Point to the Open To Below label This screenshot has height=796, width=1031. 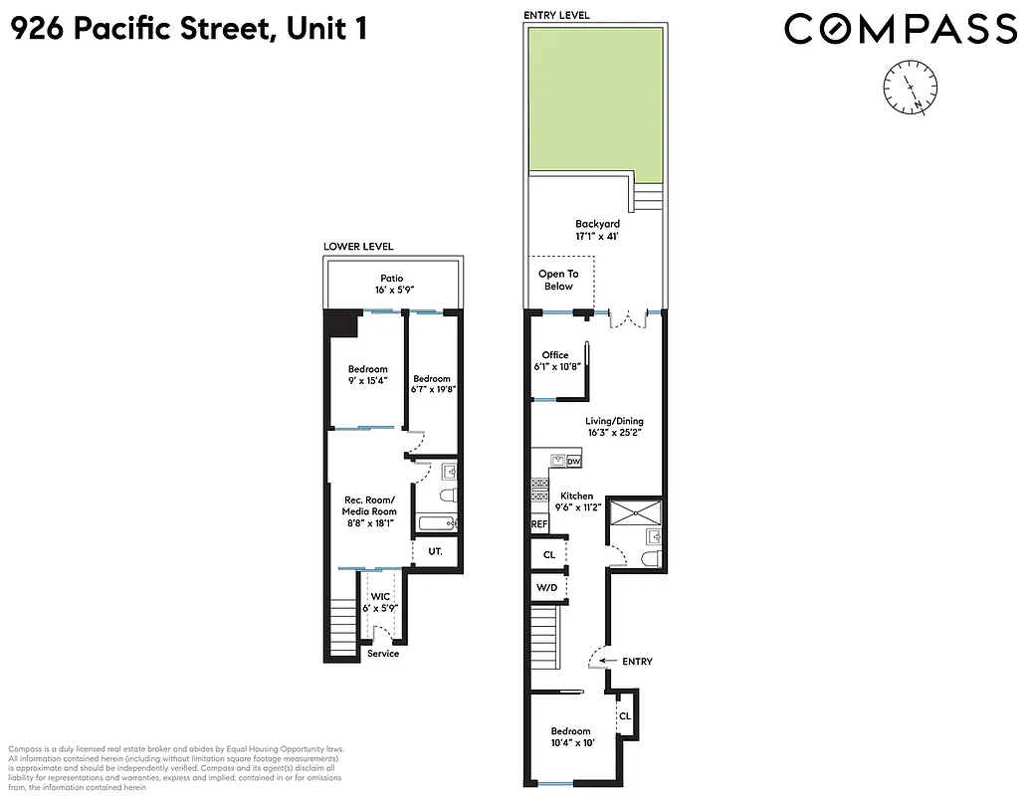click(x=558, y=280)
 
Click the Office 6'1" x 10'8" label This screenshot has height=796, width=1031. click(x=554, y=361)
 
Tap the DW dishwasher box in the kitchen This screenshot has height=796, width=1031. click(x=573, y=462)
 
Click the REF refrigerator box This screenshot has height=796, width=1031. click(x=539, y=523)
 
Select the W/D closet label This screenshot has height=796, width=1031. click(x=547, y=587)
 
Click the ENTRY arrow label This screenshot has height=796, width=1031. click(x=636, y=662)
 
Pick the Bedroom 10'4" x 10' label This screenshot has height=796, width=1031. click(x=570, y=737)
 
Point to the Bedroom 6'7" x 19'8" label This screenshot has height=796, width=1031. click(x=432, y=385)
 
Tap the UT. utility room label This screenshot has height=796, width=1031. click(x=435, y=550)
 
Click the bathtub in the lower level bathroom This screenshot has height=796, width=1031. click(x=436, y=523)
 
